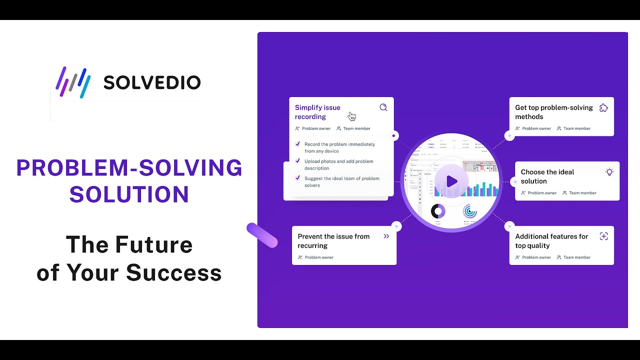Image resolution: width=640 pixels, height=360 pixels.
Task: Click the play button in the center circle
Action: coord(451,181)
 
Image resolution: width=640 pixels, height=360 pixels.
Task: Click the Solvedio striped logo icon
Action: coord(73,82)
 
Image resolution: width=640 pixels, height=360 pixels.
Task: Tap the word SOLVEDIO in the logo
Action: coord(152,82)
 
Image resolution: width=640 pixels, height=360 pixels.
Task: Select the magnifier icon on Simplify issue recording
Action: coord(383,107)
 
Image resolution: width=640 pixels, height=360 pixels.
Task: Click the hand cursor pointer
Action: coord(352,116)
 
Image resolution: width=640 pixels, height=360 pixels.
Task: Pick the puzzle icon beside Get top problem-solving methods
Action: coord(603,107)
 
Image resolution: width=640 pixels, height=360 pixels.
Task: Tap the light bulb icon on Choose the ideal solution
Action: coord(609,172)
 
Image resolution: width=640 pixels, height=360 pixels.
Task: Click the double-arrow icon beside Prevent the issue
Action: coord(386,236)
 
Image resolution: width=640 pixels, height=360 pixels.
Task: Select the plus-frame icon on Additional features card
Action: coord(603,236)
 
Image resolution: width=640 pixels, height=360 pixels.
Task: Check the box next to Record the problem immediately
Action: coord(298,144)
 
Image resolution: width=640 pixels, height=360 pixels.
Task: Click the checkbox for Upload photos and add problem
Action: coord(298,161)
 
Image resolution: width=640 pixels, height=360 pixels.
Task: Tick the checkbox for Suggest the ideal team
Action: coord(298,178)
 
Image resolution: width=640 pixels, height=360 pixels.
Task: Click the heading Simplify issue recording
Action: coord(317,112)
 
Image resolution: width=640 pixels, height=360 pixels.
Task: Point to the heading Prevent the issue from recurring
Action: coord(333,241)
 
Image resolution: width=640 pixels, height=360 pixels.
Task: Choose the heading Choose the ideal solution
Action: coord(547,176)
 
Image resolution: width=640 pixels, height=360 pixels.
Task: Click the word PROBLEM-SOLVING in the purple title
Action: coord(129,168)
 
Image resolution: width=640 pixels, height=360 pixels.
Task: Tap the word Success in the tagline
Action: coord(173,272)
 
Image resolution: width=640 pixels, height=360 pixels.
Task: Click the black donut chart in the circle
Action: coord(438,211)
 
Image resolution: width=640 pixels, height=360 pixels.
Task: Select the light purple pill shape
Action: coord(262,235)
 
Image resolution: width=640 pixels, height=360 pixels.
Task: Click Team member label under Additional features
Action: coord(577,257)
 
